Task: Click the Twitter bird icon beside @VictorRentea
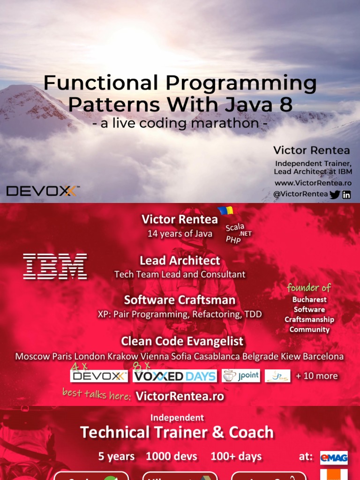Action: click(335, 195)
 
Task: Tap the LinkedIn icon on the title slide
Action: click(346, 195)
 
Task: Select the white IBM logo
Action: click(55, 266)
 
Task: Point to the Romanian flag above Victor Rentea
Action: click(225, 210)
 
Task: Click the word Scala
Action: click(235, 227)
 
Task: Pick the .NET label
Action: click(246, 233)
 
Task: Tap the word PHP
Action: click(233, 240)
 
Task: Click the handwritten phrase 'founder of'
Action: click(309, 287)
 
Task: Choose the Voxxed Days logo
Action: click(175, 376)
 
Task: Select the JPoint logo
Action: click(241, 376)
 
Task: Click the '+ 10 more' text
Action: click(316, 376)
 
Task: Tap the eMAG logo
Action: click(334, 457)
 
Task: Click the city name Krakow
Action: click(123, 356)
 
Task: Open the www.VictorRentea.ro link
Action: click(313, 183)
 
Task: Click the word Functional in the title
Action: click(100, 83)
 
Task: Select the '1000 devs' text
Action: click(172, 456)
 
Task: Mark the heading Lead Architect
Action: click(180, 260)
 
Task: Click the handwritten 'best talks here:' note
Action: click(97, 394)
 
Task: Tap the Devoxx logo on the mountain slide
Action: click(42, 191)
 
